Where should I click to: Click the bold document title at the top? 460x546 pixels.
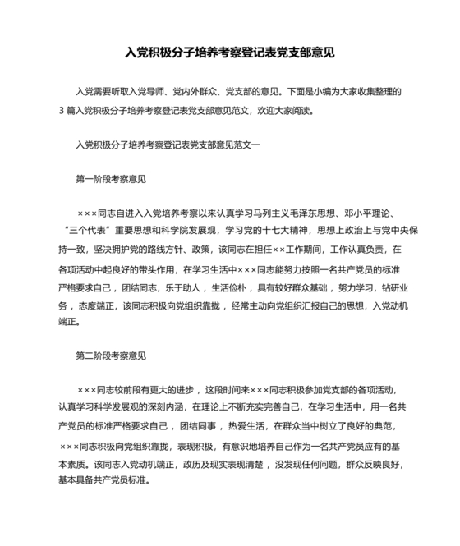click(229, 52)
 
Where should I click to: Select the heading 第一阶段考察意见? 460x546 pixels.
click(110, 179)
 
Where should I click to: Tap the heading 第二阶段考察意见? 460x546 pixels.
click(110, 356)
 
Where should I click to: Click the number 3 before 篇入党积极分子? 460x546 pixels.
click(61, 109)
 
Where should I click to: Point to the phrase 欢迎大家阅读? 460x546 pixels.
click(288, 109)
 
